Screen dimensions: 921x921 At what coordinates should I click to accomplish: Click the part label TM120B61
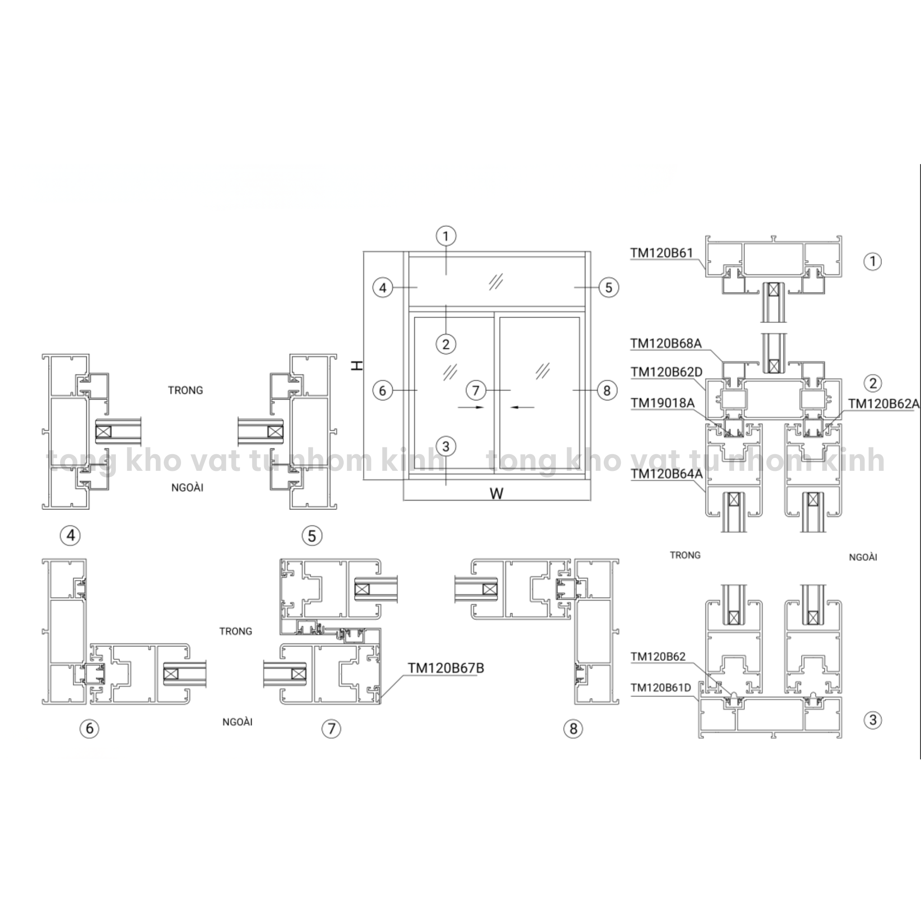coord(661,253)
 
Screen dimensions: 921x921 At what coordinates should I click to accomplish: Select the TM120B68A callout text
coord(665,344)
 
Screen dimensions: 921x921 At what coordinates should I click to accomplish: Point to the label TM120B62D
coord(666,372)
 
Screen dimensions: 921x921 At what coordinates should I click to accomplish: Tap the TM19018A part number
coord(662,403)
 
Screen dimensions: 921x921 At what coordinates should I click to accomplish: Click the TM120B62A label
coord(883,404)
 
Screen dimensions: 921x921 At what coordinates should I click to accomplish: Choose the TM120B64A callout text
coord(666,474)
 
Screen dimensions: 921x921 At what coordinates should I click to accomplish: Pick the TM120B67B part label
coord(446,669)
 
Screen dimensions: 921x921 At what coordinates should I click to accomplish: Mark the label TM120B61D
coord(661,687)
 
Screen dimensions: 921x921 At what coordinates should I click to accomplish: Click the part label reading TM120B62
coord(658,656)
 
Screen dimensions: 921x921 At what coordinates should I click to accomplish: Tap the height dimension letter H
coord(357,366)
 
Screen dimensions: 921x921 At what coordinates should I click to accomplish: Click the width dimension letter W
coord(496,493)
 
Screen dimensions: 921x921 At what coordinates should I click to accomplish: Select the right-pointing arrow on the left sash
coord(470,407)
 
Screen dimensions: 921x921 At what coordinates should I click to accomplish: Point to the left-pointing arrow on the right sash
coord(522,407)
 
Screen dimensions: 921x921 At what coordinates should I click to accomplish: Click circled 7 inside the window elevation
coord(475,390)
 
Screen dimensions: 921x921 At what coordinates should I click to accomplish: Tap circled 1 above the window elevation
coord(446,236)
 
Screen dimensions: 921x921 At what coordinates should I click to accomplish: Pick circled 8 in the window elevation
coord(607,390)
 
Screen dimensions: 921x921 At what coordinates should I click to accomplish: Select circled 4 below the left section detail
coord(71,536)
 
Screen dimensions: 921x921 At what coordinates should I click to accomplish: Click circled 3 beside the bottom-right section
coord(873,720)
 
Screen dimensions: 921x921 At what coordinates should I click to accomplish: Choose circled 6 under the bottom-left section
coord(89,728)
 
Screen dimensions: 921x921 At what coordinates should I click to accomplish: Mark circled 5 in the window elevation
coord(608,288)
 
